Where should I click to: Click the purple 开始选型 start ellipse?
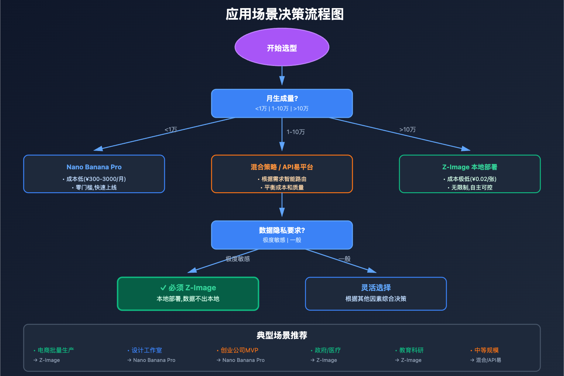[282, 47]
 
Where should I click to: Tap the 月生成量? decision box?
[282, 103]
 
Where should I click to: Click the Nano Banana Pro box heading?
[94, 167]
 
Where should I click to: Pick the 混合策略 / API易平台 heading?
[282, 167]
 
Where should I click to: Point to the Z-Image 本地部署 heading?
[470, 167]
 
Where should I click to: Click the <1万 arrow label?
[171, 129]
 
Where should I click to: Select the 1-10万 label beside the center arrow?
[295, 132]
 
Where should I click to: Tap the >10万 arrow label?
[407, 129]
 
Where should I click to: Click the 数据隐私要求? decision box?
[282, 235]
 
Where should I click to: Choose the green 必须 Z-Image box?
[188, 293]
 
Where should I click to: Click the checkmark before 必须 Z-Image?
[163, 288]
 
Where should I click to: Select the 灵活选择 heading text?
[376, 287]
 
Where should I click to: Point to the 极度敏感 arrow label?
[238, 259]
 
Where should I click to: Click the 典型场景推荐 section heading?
[282, 335]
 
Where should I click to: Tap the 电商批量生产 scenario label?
[56, 350]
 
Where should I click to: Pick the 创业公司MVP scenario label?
[239, 350]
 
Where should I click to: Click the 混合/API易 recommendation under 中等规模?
[488, 360]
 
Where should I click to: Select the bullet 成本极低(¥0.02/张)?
[472, 179]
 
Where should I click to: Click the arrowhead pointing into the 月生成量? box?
[282, 81]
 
